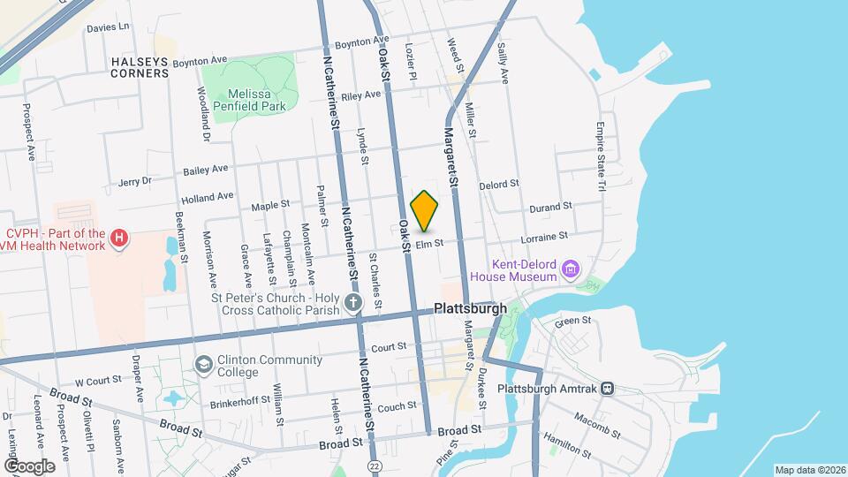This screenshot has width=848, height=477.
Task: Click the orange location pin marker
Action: coord(425,211)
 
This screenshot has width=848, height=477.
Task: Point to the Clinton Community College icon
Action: coord(204,365)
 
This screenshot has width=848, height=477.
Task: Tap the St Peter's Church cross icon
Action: coord(353,305)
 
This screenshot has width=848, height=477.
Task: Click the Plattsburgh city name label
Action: coord(470,309)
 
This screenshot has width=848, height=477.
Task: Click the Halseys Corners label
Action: coord(140,67)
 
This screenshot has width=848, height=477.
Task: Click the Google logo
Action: coord(29,465)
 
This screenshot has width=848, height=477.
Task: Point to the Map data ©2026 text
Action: coord(809,469)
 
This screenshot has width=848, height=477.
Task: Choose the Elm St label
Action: coord(428,243)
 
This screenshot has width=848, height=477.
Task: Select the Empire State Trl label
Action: coord(601,157)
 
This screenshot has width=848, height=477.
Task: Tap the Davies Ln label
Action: coord(108,27)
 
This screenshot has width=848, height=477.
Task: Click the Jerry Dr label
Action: coord(135,182)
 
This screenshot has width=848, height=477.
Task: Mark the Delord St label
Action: coord(499,185)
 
